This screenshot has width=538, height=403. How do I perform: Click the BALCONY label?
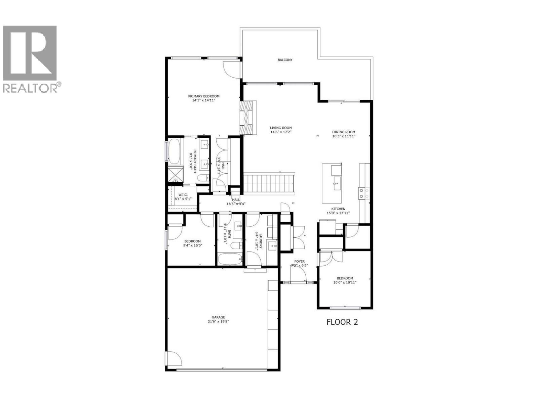[x=285, y=60]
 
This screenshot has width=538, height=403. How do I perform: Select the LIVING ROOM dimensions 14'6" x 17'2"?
[x=281, y=132]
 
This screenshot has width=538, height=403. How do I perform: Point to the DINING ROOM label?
[x=344, y=132]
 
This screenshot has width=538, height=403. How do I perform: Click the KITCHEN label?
[x=338, y=209]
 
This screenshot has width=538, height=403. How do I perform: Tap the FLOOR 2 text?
[x=342, y=322]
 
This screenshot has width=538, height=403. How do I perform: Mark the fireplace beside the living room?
[x=247, y=118]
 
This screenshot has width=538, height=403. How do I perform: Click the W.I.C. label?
[x=183, y=195]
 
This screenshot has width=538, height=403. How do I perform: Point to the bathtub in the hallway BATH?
[x=230, y=259]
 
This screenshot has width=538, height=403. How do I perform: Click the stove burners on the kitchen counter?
[x=364, y=193]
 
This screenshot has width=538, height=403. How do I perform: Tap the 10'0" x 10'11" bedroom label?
[x=345, y=280]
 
